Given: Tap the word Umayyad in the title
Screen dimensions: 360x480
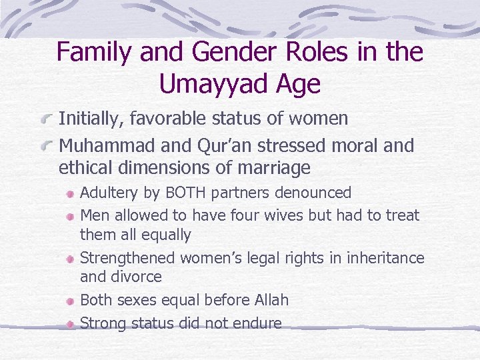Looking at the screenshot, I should tap(215, 85).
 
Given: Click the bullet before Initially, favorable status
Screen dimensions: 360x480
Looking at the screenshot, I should tap(47, 120).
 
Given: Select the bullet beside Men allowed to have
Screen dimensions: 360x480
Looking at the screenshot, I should tap(70, 216).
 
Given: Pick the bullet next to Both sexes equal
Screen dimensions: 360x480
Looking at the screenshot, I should tap(70, 301).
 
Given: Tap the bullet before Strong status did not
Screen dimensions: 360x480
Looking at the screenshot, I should tap(70, 324).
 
